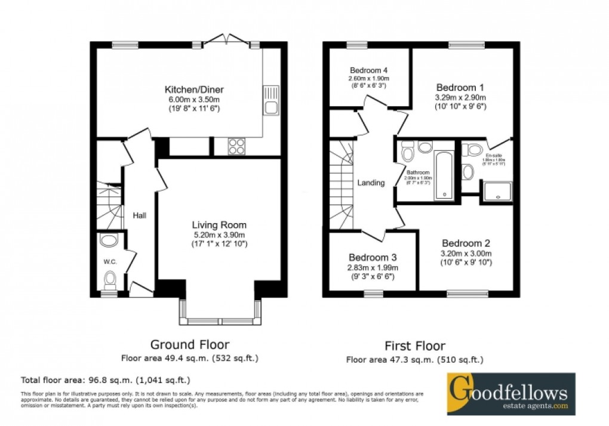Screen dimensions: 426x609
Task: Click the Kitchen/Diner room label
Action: coord(186,90)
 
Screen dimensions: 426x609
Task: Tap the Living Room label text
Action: coord(219,225)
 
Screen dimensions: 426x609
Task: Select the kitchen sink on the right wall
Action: coord(270,107)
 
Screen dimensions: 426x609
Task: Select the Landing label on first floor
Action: coord(371,183)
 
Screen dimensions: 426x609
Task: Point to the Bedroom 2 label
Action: coord(466,243)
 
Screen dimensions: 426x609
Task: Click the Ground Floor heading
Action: coord(189,344)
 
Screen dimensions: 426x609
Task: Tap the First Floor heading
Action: coord(414,346)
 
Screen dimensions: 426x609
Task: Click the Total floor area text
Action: coord(106,379)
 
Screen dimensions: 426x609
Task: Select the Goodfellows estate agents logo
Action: coord(511,394)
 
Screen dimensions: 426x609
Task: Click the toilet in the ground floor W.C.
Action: coord(109,279)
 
